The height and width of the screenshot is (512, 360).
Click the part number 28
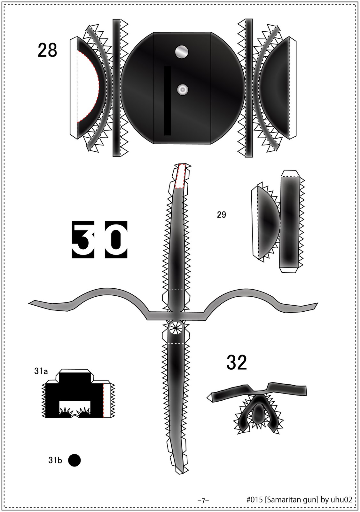(47, 51)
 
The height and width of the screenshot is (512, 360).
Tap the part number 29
(221, 215)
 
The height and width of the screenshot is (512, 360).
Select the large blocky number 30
(100, 240)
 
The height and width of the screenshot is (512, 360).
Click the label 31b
(55, 460)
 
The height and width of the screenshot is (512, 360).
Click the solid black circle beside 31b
(74, 460)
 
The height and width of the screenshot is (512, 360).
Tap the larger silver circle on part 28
(182, 52)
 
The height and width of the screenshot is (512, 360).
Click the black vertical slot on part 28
(168, 101)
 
